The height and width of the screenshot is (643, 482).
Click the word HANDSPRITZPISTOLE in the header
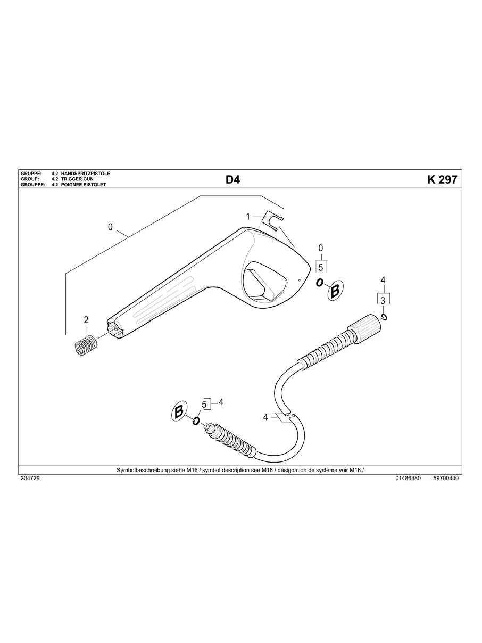click(86, 174)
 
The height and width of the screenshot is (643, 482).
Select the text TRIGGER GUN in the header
click(77, 179)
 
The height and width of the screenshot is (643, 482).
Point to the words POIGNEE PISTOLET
click(84, 185)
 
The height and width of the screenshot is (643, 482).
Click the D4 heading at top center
click(232, 180)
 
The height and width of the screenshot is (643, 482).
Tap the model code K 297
click(442, 180)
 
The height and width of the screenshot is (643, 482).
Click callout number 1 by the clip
click(247, 217)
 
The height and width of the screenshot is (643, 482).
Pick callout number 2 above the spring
click(86, 320)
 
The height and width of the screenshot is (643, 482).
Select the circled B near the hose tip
click(179, 411)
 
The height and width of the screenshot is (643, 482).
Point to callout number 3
click(383, 301)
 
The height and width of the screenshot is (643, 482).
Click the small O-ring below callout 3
click(384, 317)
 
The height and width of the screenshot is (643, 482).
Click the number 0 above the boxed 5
click(320, 248)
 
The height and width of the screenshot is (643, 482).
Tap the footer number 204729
click(30, 479)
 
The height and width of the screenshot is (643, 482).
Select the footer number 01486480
click(408, 479)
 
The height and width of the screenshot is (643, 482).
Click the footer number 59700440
click(446, 479)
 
